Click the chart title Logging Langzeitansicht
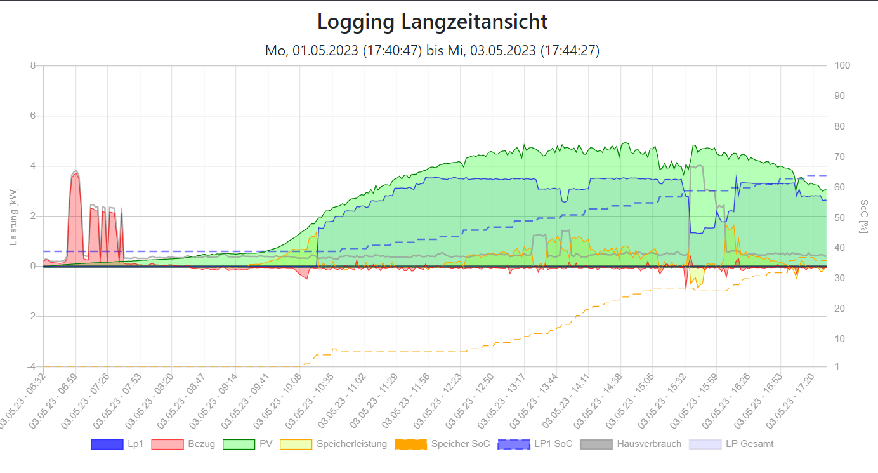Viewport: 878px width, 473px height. click(x=432, y=22)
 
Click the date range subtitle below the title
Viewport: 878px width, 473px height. click(x=432, y=50)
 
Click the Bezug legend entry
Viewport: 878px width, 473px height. click(x=183, y=444)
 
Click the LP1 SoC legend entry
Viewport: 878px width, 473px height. click(x=535, y=444)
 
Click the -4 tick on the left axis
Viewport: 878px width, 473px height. click(x=30, y=367)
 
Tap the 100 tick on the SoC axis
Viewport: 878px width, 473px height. click(x=842, y=65)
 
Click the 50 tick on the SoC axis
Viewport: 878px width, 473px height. click(x=840, y=217)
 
